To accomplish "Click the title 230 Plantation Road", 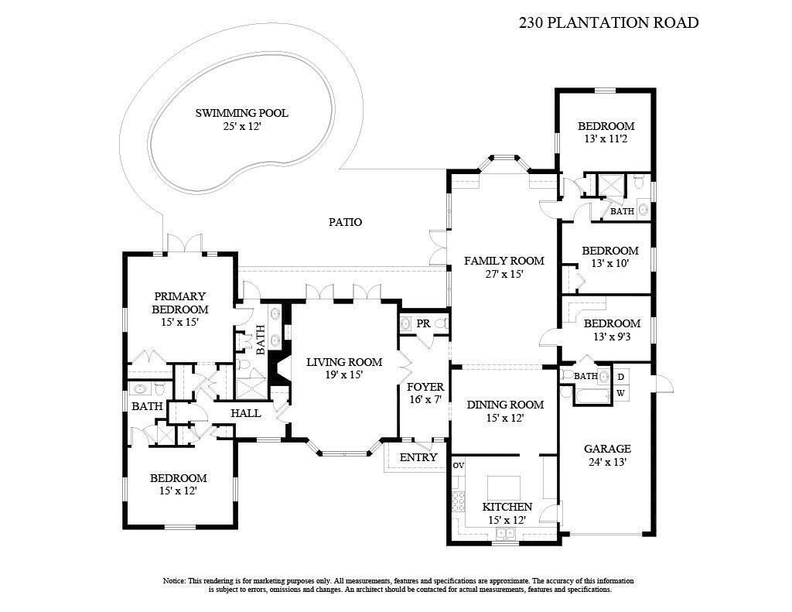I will (x=608, y=22).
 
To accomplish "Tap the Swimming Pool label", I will (x=241, y=113).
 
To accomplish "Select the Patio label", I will (x=345, y=222).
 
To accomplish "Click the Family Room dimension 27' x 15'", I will (x=504, y=274).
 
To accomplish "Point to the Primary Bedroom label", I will (x=179, y=303).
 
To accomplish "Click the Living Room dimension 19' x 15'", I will (x=343, y=374).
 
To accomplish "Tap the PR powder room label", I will (x=423, y=323).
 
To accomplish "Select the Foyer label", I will (x=425, y=387).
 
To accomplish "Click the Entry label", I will (x=418, y=457).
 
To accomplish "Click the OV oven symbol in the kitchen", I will (x=457, y=466).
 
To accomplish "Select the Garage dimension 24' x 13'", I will (x=607, y=462).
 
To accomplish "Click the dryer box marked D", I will (x=620, y=377).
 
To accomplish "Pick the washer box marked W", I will (x=620, y=393).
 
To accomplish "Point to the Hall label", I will (x=246, y=413).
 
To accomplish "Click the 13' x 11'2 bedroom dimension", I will (x=607, y=139).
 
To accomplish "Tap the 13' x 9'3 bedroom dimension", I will (x=611, y=337).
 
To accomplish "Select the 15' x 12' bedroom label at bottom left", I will (x=179, y=478).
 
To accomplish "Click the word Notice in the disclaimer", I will (x=173, y=580).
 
